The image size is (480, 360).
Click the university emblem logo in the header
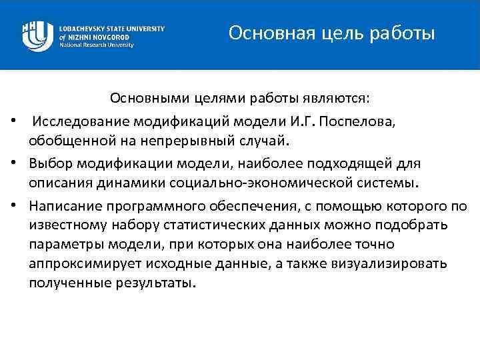coord(37,35)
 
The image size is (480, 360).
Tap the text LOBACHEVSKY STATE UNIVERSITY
coord(111,29)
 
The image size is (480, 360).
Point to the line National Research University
coord(97,45)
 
